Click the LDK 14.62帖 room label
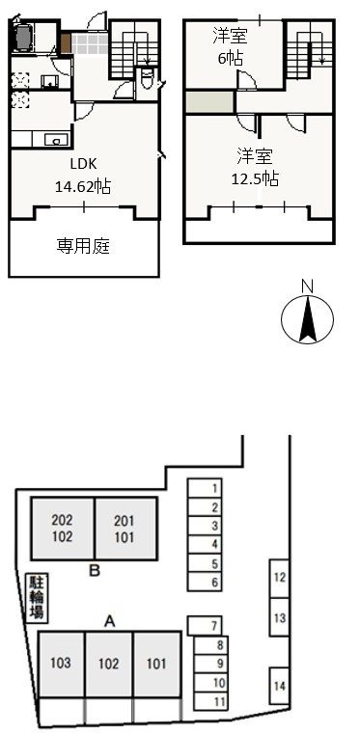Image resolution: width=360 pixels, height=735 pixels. [83, 176]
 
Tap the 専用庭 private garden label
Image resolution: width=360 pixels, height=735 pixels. [83, 246]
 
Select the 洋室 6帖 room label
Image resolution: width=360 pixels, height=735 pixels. [230, 47]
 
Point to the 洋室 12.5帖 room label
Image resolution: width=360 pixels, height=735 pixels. [255, 167]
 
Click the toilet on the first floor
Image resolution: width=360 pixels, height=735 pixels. [147, 79]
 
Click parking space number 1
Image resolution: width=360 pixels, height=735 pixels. [205, 487]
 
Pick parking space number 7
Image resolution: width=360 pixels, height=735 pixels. [205, 625]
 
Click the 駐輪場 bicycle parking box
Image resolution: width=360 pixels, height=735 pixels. [37, 597]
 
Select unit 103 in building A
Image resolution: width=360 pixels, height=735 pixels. [62, 664]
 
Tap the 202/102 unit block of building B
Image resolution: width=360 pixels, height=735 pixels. [63, 529]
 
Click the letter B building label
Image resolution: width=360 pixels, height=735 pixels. [96, 571]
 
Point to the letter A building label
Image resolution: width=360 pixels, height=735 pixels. [109, 621]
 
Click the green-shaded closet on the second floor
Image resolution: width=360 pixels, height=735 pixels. [210, 102]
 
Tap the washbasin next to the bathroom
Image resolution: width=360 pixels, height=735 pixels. [49, 82]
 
